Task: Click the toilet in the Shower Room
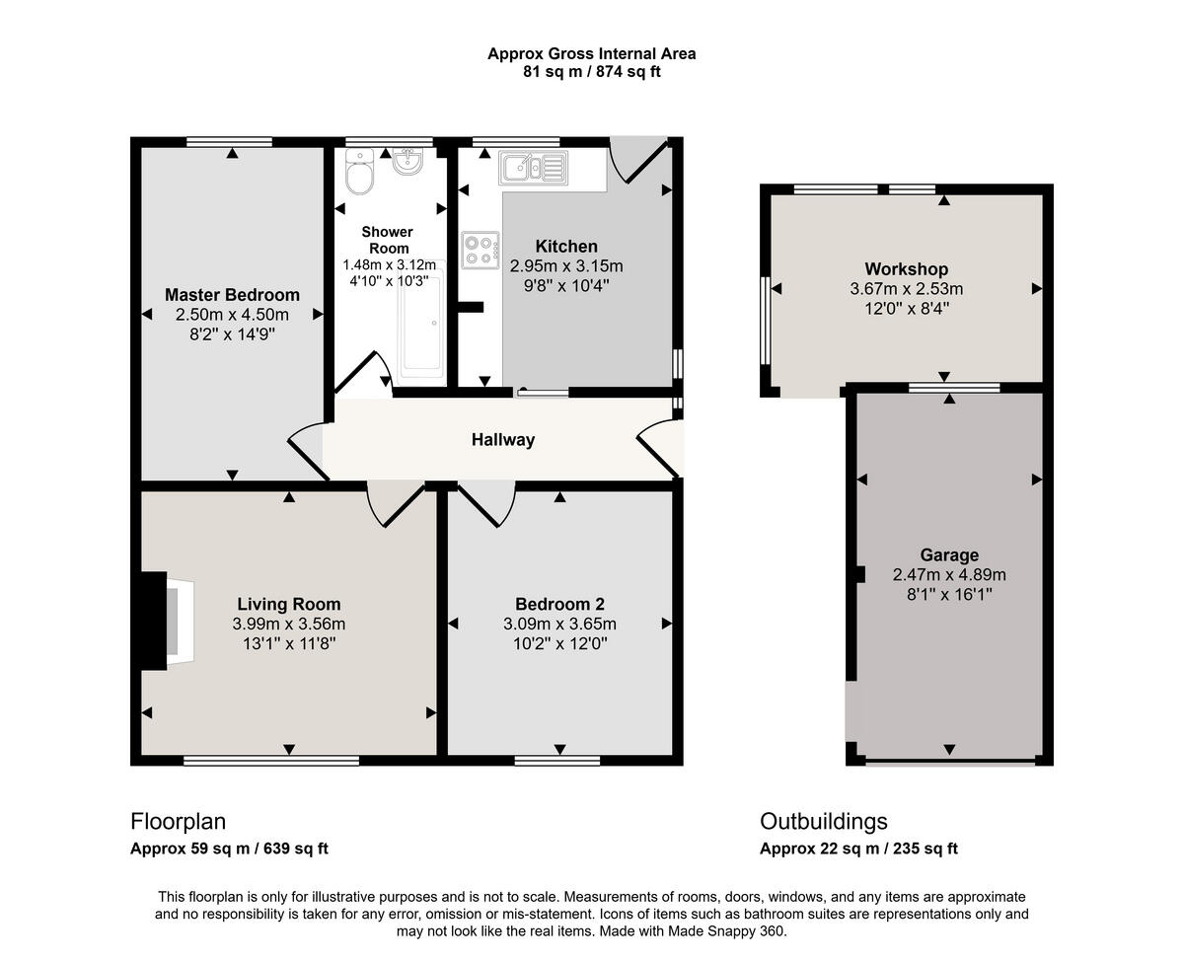[x=359, y=174]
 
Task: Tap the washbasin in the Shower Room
[x=407, y=161]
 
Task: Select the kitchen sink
[x=533, y=168]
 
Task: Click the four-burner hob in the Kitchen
[x=481, y=248]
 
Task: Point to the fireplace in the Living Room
[x=163, y=622]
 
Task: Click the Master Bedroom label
[x=232, y=295]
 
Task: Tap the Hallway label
[x=502, y=440]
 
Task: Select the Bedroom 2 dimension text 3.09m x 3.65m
[x=559, y=624]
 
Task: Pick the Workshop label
[x=906, y=269]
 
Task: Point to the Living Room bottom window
[x=271, y=760]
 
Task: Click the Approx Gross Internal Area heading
[x=591, y=54]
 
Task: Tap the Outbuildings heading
[x=823, y=821]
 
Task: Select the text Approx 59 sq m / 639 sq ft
[x=229, y=849]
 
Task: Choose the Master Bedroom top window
[x=230, y=141]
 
